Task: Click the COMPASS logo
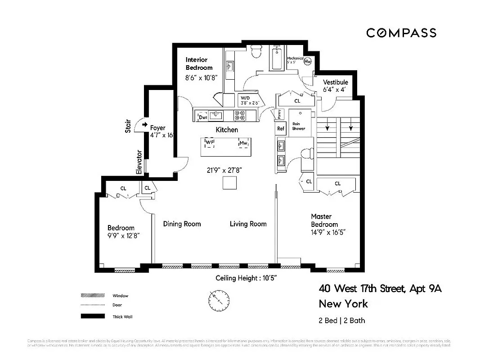tap(401, 33)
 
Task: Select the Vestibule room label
tap(336, 82)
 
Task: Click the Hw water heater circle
tap(309, 62)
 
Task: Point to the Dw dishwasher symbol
tap(202, 117)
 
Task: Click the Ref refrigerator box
tap(281, 128)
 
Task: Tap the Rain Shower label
tap(298, 126)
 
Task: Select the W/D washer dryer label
tap(245, 98)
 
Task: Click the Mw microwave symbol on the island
tap(243, 143)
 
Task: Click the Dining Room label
tap(182, 224)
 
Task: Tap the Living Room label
tap(248, 224)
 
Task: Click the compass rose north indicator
tap(219, 298)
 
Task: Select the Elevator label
tap(139, 162)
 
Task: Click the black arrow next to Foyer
tap(144, 125)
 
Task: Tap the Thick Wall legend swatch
tap(92, 316)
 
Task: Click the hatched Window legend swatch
tap(92, 296)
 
